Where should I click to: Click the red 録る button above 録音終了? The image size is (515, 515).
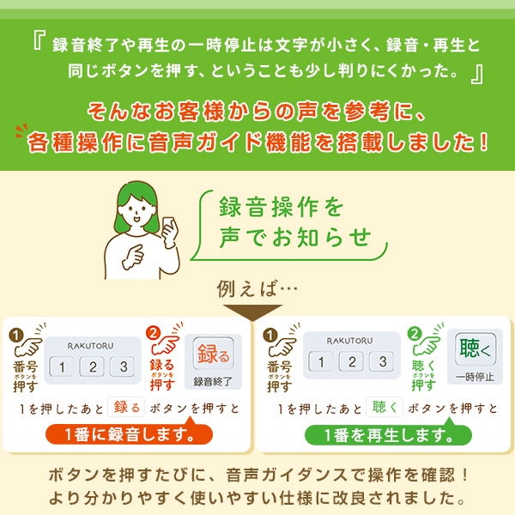(214, 353)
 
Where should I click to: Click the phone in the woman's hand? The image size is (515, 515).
(168, 228)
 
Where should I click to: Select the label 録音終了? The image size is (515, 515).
(213, 381)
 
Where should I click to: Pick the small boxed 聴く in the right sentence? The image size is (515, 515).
(385, 406)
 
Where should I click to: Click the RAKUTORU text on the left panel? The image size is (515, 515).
(92, 345)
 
